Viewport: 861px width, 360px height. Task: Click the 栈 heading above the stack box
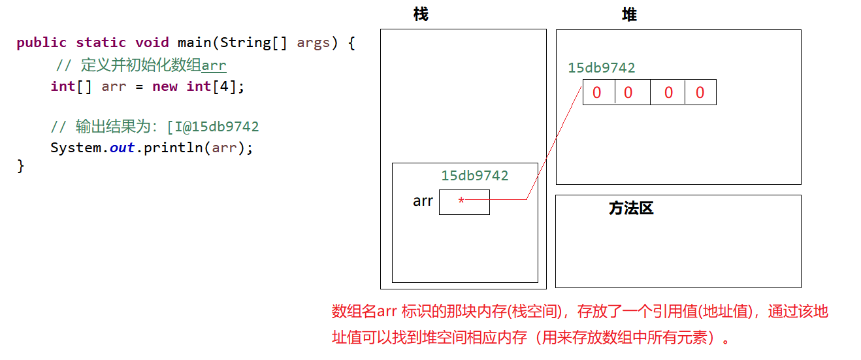pyautogui.click(x=421, y=14)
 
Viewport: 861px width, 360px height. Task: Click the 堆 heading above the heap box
pyautogui.click(x=629, y=14)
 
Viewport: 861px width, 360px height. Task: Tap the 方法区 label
pyautogui.click(x=630, y=208)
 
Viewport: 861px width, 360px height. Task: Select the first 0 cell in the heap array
pyautogui.click(x=597, y=93)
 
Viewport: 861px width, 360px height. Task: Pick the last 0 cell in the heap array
pyautogui.click(x=700, y=93)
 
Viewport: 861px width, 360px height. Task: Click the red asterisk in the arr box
pyautogui.click(x=461, y=201)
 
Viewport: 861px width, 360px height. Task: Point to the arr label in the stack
pyautogui.click(x=423, y=201)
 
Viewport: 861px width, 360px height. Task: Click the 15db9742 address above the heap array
pyautogui.click(x=601, y=68)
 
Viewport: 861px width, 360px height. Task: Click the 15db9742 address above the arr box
pyautogui.click(x=474, y=175)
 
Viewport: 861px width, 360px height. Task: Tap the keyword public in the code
pyautogui.click(x=41, y=42)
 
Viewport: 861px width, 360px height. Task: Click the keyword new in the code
pyautogui.click(x=165, y=86)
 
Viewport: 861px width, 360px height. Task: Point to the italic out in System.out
pyautogui.click(x=122, y=148)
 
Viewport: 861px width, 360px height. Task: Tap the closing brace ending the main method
pyautogui.click(x=20, y=166)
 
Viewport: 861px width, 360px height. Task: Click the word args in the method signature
pyautogui.click(x=314, y=42)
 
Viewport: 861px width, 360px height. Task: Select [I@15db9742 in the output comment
pyautogui.click(x=214, y=127)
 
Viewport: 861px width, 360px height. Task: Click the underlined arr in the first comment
pyautogui.click(x=214, y=65)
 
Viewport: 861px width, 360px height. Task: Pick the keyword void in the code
pyautogui.click(x=152, y=42)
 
